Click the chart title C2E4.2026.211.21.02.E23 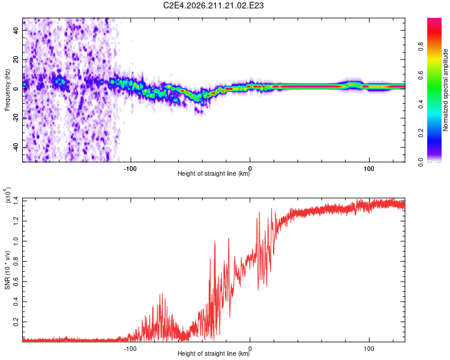[213, 5]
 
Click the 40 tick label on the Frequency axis [16, 31]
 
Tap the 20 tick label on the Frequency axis [16, 60]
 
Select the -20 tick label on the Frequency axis [16, 118]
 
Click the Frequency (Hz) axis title [7, 90]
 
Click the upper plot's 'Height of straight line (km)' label [214, 173]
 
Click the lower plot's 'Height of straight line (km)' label [214, 353]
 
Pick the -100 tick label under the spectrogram [130, 169]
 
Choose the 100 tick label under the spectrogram [369, 169]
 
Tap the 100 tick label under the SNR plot [369, 349]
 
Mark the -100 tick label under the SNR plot [130, 349]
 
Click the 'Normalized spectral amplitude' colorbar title [445, 90]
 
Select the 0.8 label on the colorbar [421, 47]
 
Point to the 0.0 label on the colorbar [421, 162]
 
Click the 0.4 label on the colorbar [421, 104]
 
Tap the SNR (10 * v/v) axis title [7, 270]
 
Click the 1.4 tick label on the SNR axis [16, 201]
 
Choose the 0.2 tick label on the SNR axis [16, 322]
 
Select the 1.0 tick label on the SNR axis [16, 241]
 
